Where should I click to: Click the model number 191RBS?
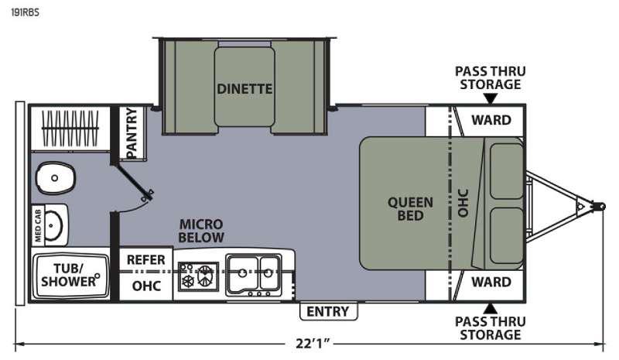(x=25, y=12)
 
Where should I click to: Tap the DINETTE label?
(x=245, y=89)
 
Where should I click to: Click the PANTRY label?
(x=132, y=132)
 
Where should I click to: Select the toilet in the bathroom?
(x=55, y=178)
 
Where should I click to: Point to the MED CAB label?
(x=38, y=225)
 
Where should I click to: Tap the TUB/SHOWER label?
(x=69, y=275)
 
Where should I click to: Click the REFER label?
(x=145, y=260)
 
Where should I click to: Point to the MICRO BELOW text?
(x=201, y=231)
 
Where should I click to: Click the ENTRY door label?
(x=327, y=311)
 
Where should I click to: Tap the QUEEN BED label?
(x=410, y=209)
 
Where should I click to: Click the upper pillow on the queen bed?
(x=507, y=171)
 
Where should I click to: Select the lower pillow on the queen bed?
(x=507, y=236)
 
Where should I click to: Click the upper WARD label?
(x=491, y=120)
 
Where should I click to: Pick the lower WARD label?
(x=491, y=282)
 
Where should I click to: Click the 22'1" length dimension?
(x=313, y=344)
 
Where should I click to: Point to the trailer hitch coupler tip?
(x=601, y=206)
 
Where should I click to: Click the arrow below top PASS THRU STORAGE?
(x=491, y=98)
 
